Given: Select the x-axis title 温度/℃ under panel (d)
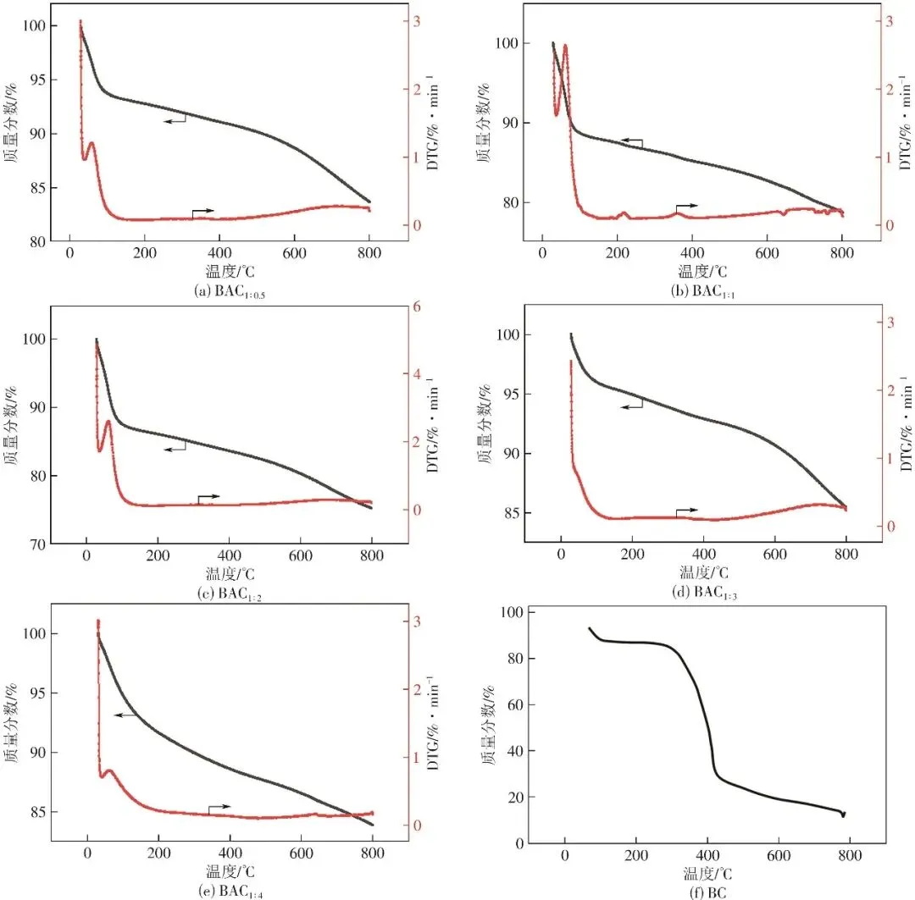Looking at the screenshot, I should [x=705, y=572].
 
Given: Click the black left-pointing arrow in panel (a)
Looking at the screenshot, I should [x=175, y=121].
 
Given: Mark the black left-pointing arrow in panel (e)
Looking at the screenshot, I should [x=125, y=715].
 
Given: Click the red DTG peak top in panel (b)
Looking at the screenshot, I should [x=564, y=46].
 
